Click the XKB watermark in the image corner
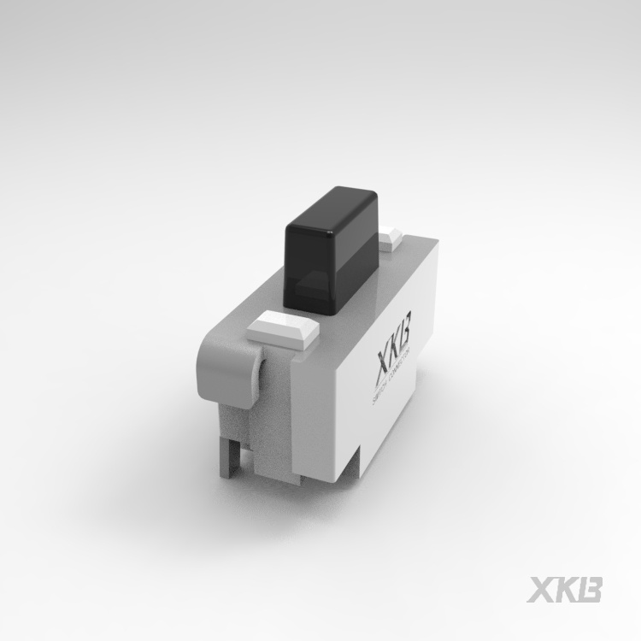(565, 590)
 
